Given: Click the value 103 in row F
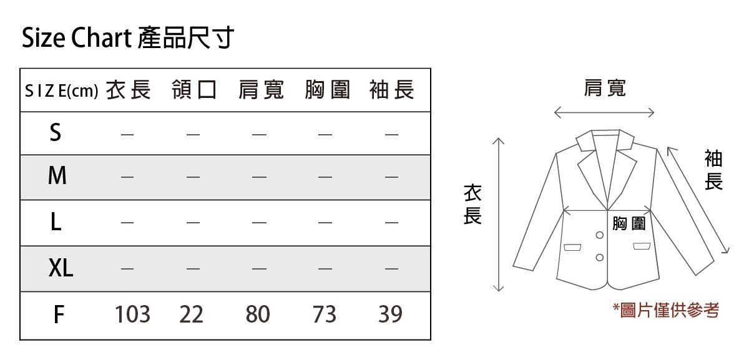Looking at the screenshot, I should [x=132, y=314].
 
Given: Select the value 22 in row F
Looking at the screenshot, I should [x=192, y=314].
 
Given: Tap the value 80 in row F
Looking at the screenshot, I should [x=258, y=314].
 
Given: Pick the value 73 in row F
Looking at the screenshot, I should [x=324, y=314].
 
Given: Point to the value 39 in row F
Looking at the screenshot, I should [x=390, y=314].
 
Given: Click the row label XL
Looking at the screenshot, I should [x=61, y=269].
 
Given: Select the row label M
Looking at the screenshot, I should [x=57, y=177].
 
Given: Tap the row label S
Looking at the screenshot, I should [x=56, y=132].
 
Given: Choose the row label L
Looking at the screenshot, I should [x=56, y=222].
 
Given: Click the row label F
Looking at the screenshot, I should [x=58, y=314].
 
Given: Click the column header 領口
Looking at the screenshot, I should [x=194, y=91].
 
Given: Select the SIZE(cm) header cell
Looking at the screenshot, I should [x=61, y=92].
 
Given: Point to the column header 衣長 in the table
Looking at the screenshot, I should [x=128, y=91].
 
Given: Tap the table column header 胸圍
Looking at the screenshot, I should [x=327, y=91].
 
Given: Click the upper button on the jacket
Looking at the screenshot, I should [x=599, y=236].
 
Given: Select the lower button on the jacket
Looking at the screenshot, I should [x=599, y=258].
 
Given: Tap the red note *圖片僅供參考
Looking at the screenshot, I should [x=665, y=310].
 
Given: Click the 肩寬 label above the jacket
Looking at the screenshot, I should [x=604, y=89].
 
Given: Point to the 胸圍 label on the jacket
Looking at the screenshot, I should [x=629, y=223].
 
